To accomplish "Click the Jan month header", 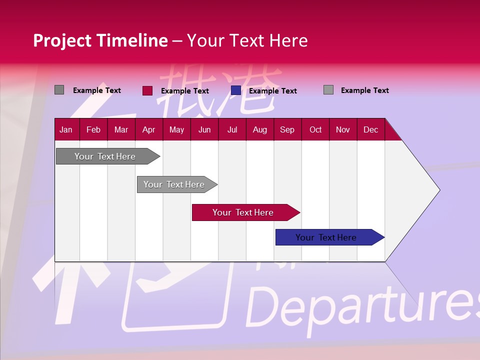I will click(x=66, y=129).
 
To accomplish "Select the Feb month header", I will click(x=93, y=129).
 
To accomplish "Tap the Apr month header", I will click(x=148, y=129).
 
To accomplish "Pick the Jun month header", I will click(x=204, y=129).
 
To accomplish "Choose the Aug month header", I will click(x=259, y=129).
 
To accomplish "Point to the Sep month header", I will click(x=287, y=129).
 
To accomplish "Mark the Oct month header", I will click(x=315, y=129).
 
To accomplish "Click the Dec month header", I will click(x=370, y=129).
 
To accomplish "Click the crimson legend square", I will click(x=147, y=90).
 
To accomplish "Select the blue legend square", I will click(x=236, y=90).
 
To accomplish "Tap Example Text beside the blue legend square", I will click(x=272, y=91).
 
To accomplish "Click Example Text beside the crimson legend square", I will click(x=184, y=91).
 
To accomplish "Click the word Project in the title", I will click(x=62, y=40).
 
